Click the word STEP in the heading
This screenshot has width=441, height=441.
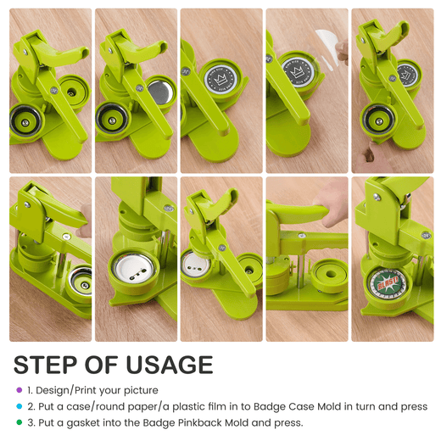tap(46, 365)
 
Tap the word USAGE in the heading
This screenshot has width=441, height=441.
tap(170, 365)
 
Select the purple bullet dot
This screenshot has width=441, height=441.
tap(20, 390)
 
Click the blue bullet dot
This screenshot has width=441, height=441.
tap(20, 406)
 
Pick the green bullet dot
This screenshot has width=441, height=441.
tap(20, 422)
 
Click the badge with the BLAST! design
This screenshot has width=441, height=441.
tap(388, 283)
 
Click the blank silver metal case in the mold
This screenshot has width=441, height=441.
tap(160, 92)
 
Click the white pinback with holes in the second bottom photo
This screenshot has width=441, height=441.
tap(133, 268)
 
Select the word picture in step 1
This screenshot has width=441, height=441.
tap(141, 390)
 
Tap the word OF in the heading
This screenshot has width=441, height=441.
tap(101, 365)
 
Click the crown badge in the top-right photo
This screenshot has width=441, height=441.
tap(407, 75)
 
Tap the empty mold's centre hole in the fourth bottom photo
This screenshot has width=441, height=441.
tap(331, 274)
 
